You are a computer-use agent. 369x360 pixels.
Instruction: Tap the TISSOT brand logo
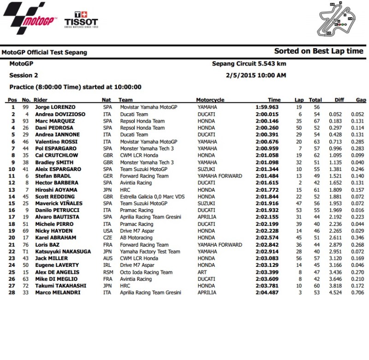81,19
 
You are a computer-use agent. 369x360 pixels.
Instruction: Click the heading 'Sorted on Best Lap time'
319,51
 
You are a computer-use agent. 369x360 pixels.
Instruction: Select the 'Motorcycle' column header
210,100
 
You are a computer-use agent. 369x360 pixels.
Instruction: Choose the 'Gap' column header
361,100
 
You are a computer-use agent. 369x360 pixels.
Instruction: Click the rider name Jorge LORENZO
56,107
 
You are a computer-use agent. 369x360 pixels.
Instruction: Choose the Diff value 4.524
335,293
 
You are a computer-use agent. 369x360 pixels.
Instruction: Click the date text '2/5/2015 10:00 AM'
256,75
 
